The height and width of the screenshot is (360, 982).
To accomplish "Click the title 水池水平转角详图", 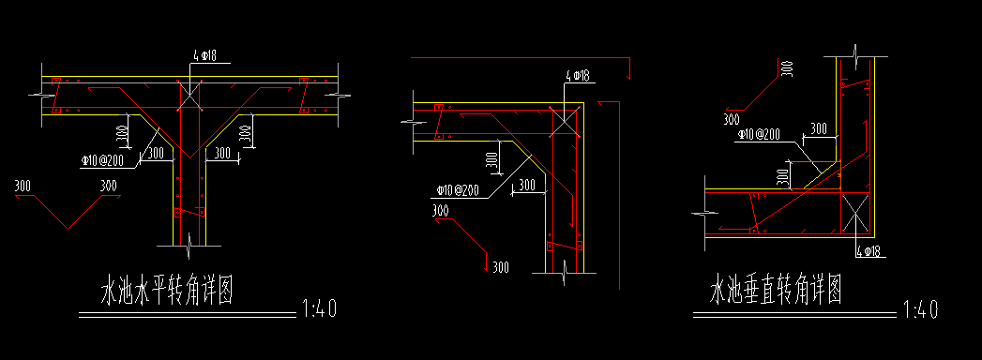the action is point(167,292).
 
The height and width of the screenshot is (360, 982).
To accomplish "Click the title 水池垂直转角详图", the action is point(775,292).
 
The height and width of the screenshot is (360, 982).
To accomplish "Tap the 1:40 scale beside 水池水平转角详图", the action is point(320,308).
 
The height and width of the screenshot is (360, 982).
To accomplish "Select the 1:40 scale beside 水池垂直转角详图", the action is point(921,309).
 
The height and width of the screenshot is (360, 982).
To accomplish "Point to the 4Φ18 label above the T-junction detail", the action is point(204,56).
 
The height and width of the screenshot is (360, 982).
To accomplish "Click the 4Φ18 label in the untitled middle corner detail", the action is point(578,76).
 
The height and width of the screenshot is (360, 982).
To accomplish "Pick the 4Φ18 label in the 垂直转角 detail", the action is point(869,251).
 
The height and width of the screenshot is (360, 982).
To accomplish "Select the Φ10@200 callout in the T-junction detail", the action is point(101,161).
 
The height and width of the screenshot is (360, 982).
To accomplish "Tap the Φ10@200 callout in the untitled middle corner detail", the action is point(458,189).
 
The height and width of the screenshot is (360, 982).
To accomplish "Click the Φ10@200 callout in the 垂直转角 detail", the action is point(759,135).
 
